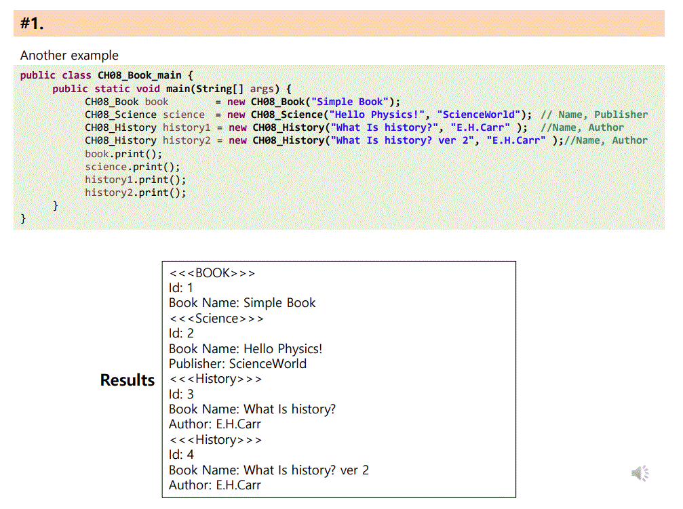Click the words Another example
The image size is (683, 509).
click(x=69, y=56)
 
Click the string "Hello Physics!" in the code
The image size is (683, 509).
click(x=377, y=115)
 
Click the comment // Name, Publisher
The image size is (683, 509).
click(x=593, y=115)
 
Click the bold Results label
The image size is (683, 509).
click(x=128, y=380)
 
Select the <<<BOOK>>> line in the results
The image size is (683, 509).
click(x=212, y=273)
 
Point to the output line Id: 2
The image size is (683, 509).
click(x=181, y=333)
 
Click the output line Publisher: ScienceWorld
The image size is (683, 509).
click(x=237, y=364)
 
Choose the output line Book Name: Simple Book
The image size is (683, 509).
click(x=242, y=303)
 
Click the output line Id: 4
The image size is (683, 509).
click(x=181, y=455)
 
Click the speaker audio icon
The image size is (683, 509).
click(x=640, y=473)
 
